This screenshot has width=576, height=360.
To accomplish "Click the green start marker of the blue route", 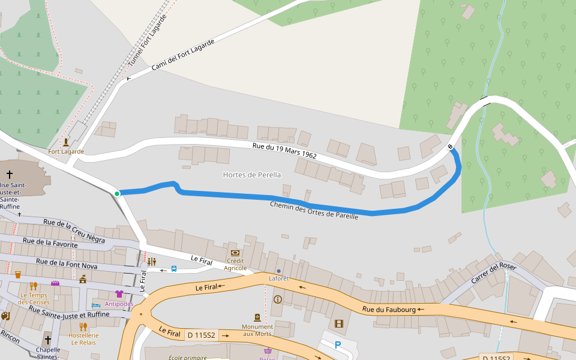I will [x=117, y=193].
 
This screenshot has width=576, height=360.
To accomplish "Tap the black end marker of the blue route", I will [x=450, y=146].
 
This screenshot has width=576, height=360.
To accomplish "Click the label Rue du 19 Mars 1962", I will [x=284, y=151].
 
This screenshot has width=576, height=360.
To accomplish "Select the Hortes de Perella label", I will [x=251, y=175].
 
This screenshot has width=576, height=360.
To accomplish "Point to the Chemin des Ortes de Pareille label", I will [x=314, y=211].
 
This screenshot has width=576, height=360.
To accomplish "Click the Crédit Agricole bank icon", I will [x=235, y=253].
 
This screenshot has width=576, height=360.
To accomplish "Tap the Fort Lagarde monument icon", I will [x=66, y=142].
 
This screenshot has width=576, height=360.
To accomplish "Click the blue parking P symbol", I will [x=338, y=345].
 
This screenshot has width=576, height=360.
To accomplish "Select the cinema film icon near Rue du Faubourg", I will [x=339, y=324].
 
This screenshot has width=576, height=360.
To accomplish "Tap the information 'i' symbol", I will [x=277, y=299].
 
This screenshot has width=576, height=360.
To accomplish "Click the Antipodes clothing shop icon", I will [x=119, y=294].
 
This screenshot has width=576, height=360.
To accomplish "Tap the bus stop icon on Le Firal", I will [x=174, y=269].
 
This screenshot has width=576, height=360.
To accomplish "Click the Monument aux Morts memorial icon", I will [x=257, y=317].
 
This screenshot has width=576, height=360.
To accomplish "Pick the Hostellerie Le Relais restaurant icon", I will [x=83, y=326].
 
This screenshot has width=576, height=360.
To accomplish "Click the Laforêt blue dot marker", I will [x=278, y=271].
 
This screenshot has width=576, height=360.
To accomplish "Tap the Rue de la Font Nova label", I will [x=66, y=263].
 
